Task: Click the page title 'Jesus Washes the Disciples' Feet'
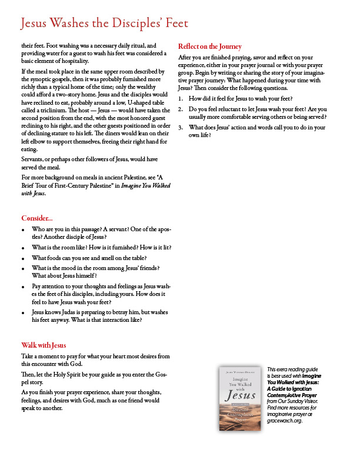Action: point(104,24)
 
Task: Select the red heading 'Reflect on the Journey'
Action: point(209,46)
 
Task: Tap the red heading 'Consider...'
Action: point(37,218)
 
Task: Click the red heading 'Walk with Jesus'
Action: point(44,345)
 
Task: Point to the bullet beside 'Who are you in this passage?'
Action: point(23,228)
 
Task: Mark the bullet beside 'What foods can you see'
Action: point(23,258)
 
